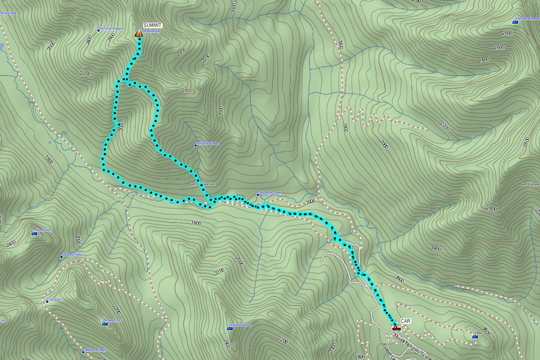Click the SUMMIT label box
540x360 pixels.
[152, 25]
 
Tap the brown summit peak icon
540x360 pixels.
[139, 33]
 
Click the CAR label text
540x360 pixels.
[406, 322]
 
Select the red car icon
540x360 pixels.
[396, 328]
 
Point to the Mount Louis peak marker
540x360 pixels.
[34, 233]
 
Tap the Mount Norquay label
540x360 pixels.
[241, 325]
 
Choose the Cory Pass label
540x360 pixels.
[55, 299]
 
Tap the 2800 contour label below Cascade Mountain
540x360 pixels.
[508, 33]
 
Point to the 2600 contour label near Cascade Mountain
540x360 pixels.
[499, 47]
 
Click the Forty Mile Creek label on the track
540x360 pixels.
[269, 193]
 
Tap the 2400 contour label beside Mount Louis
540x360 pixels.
[11, 243]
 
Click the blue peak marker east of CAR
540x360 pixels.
[475, 335]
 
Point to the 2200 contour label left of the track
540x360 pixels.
[85, 73]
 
